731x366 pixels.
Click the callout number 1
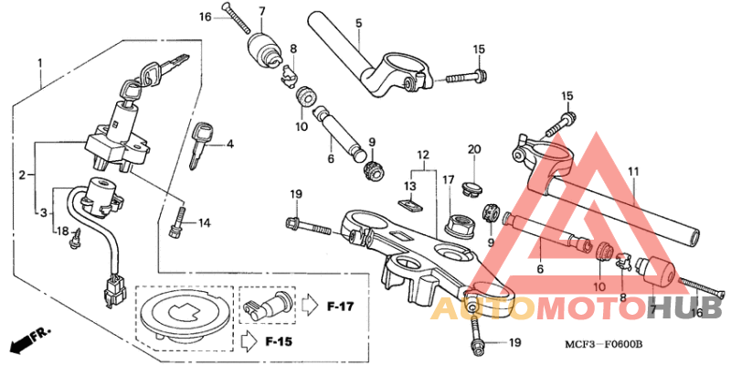40,63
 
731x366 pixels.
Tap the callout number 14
204,222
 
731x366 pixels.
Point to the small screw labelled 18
79,236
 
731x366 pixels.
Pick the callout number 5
358,23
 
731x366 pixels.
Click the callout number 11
633,171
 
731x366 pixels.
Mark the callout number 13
411,186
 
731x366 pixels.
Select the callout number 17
448,180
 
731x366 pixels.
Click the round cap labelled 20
472,187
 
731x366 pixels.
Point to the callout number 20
473,149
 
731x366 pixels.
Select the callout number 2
22,173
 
